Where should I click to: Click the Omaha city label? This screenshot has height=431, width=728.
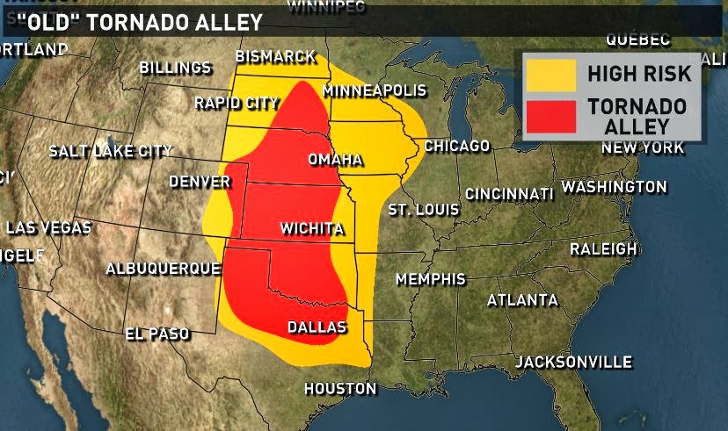point(335,160)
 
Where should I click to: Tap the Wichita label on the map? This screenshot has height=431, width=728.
point(311,229)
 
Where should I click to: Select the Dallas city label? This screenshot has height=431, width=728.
point(317,327)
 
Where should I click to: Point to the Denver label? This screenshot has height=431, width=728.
point(199,182)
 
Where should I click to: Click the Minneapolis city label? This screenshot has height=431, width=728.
point(374,91)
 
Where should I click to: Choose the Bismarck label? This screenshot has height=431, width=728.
point(275,57)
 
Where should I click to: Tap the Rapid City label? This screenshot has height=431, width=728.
point(237,103)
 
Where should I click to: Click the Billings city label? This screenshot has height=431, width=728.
point(175,68)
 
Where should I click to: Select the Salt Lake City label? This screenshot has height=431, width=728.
point(110,151)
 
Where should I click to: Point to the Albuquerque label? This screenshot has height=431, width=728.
point(163,268)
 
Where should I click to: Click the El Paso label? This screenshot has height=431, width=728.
point(158,334)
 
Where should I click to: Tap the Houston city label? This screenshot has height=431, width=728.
point(339,388)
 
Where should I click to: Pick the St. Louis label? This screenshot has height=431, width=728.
point(423,210)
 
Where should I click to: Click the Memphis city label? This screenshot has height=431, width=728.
point(430,279)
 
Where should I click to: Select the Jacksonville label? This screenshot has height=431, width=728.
point(573,362)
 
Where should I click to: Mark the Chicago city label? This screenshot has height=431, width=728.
point(456,146)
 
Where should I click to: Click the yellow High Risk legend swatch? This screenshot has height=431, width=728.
point(550,74)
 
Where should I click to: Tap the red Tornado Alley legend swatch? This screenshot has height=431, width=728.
point(550,115)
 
